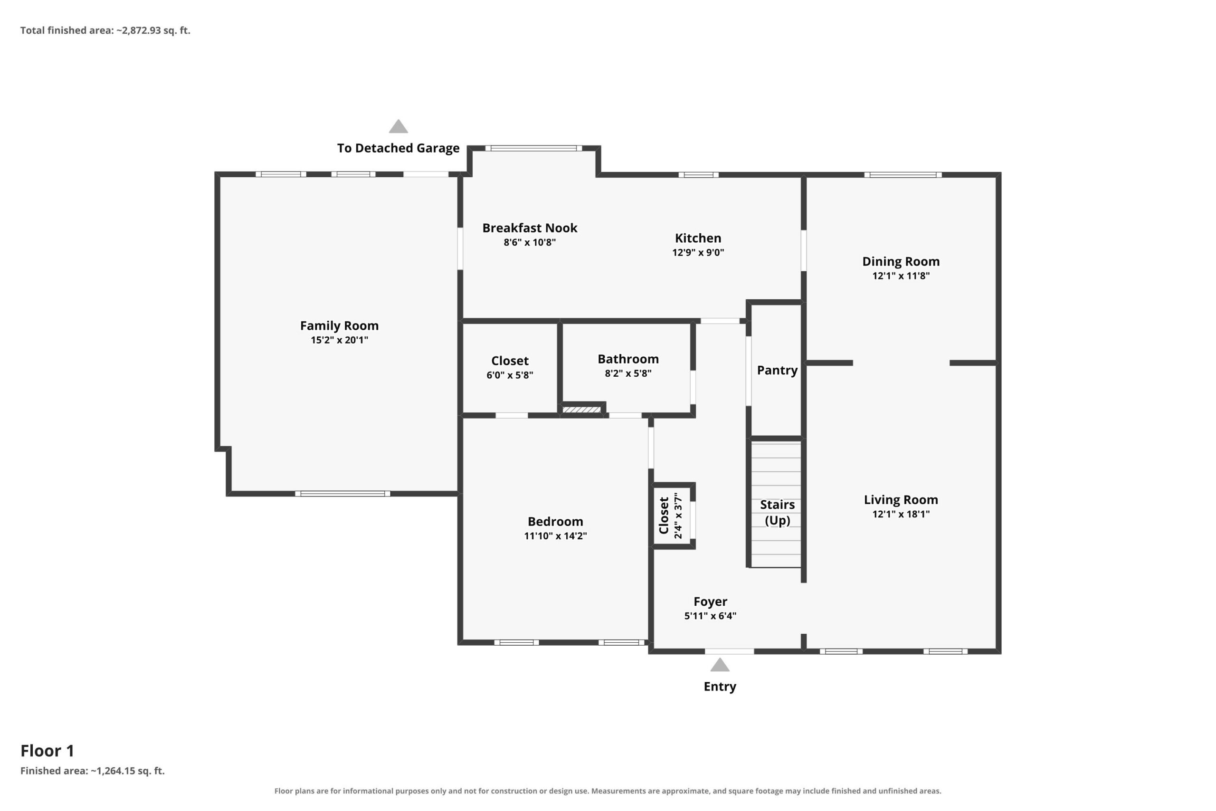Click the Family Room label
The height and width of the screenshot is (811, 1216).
(339, 325)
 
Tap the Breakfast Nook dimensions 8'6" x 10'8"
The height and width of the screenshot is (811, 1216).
(530, 242)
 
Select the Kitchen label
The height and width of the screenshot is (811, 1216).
(697, 238)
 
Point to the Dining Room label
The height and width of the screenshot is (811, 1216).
(901, 261)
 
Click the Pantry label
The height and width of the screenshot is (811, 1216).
(777, 370)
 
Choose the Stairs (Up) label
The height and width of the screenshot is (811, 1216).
(777, 512)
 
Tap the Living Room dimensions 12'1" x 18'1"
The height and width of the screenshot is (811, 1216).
(901, 514)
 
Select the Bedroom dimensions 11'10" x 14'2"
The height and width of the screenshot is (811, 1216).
(555, 535)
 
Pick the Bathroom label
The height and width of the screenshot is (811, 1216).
(627, 359)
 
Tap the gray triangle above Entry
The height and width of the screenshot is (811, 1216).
(719, 665)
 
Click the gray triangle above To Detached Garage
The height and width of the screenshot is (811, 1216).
(398, 126)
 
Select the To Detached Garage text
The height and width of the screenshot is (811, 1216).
(398, 148)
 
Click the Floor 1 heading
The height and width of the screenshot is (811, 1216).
(47, 751)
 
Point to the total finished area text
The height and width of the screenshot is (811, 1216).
(105, 30)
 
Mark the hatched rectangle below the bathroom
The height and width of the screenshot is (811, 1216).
(581, 410)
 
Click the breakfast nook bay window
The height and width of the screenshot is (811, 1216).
(533, 148)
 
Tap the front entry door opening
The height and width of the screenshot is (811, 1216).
(729, 651)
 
